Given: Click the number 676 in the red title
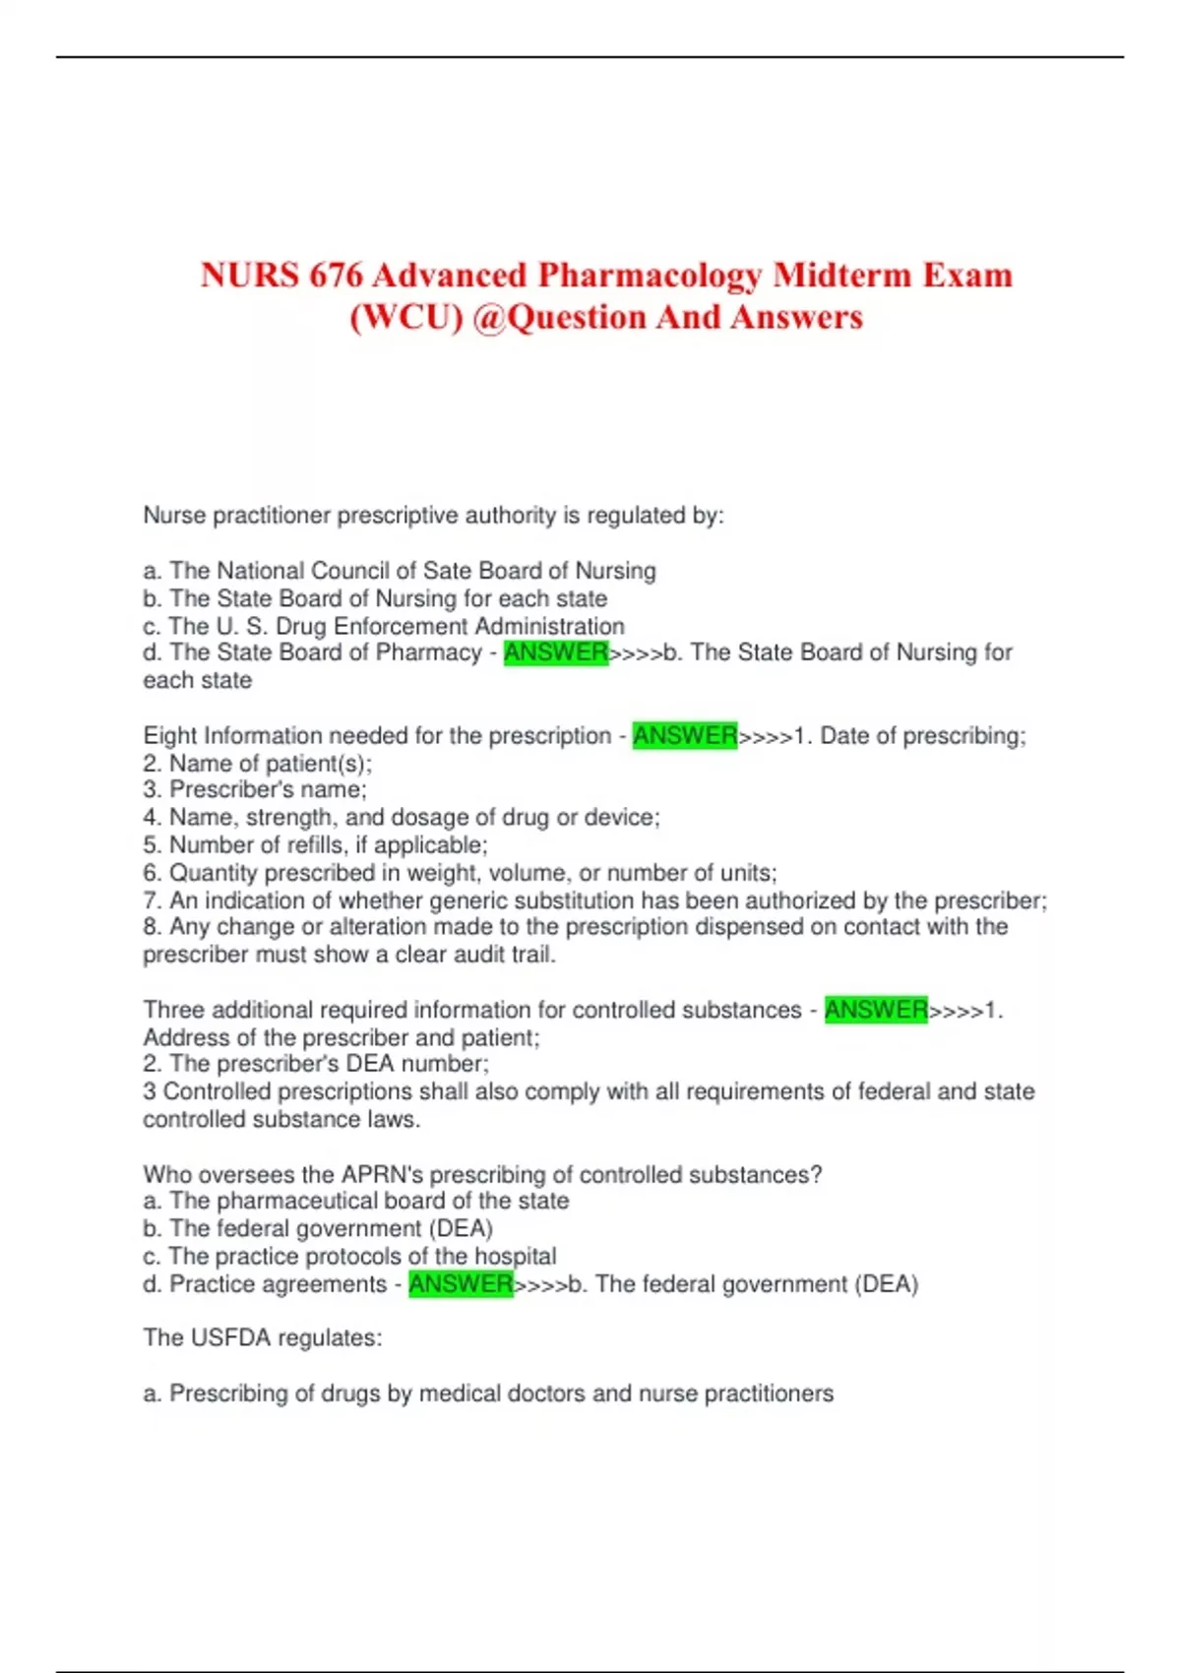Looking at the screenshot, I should (x=336, y=276).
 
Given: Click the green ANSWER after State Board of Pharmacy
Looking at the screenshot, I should (x=556, y=652).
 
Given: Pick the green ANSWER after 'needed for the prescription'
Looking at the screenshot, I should (x=685, y=735).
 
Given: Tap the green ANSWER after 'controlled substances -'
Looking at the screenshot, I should (x=876, y=1010).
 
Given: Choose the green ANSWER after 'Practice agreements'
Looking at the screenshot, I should (x=461, y=1284).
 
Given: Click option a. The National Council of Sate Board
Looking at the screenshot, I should (x=400, y=571).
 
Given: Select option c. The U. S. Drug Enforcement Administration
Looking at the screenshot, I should (x=384, y=626).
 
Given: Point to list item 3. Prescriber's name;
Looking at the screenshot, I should (x=255, y=789).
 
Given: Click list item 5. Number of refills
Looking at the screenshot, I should (x=315, y=844).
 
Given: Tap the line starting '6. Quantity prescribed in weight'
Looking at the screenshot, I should (x=460, y=873).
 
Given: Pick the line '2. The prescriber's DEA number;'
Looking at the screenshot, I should (x=316, y=1064).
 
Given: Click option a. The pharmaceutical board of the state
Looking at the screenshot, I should (x=356, y=1201).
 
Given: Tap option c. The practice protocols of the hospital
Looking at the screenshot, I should (x=349, y=1257).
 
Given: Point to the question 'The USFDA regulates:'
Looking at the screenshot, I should (x=263, y=1338).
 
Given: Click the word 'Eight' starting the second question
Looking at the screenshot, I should (x=170, y=735).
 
